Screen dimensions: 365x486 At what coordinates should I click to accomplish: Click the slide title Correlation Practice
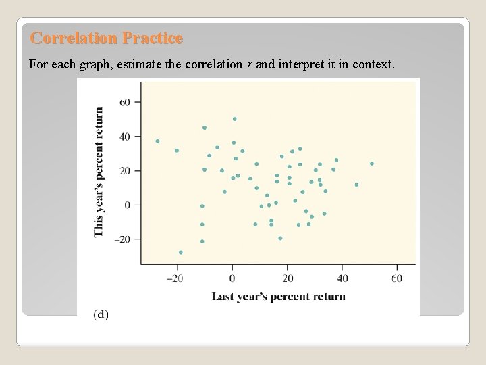107,39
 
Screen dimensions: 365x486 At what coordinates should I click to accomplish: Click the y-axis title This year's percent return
99,172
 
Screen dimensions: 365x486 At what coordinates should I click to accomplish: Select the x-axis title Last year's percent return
278,296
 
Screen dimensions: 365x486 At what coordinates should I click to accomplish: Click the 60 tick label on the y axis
126,102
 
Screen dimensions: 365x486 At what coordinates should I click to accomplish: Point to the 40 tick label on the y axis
126,137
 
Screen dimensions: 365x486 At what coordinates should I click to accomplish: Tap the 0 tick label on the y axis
129,205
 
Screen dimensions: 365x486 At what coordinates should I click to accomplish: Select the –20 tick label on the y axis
124,239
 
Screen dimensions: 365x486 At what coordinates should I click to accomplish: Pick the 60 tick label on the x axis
396,278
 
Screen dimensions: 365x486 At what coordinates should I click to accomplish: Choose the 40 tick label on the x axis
342,278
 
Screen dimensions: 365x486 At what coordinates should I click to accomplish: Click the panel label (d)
101,314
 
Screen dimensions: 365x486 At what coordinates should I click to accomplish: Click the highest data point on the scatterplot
235,119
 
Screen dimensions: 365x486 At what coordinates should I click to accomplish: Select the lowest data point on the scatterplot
180,252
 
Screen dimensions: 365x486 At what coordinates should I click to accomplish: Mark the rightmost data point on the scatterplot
371,164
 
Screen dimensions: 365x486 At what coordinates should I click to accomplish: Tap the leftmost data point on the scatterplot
157,141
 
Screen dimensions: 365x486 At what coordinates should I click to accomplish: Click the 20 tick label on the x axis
288,278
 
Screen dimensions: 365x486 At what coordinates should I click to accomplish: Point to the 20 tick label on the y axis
126,171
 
